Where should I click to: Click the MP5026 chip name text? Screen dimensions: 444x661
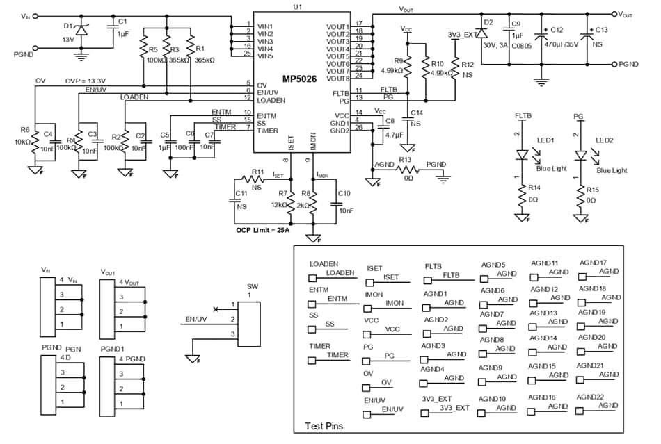coord(297,79)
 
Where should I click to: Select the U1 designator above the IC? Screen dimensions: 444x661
coord(298,6)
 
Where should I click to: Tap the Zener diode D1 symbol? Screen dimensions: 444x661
coord(81,31)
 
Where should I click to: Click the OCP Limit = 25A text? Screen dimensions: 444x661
coord(263,230)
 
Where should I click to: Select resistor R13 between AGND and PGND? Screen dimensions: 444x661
coord(406,172)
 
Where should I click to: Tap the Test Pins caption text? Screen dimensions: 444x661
coord(325,426)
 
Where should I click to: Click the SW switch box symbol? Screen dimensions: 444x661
coord(249,324)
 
